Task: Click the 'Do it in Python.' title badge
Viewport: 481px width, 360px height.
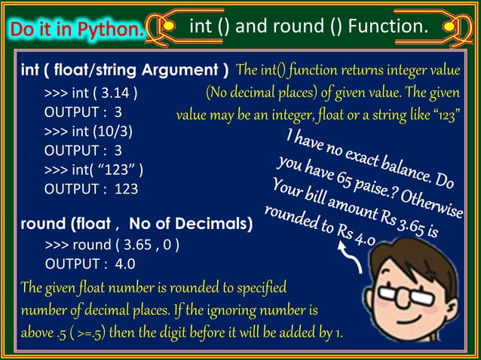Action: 75,30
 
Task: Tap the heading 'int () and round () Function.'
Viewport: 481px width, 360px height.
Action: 307,27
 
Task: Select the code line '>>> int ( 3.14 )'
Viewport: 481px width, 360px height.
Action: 91,94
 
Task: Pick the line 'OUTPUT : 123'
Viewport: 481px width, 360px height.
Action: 91,189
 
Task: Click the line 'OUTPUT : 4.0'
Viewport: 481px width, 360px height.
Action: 90,264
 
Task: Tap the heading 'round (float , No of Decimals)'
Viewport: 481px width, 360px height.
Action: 136,224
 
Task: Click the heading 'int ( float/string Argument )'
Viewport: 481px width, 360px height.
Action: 125,72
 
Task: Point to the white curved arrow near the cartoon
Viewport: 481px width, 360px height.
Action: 353,258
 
